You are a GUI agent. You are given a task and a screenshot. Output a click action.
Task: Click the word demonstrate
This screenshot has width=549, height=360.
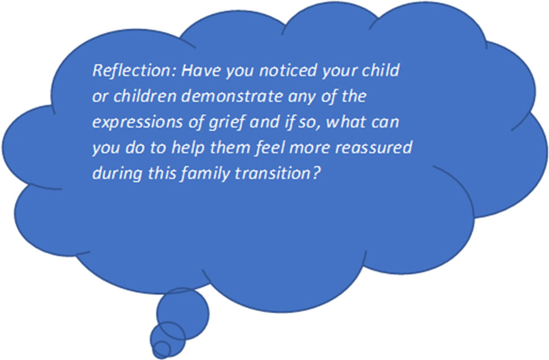click(232, 96)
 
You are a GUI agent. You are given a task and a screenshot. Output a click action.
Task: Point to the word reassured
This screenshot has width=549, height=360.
click(373, 148)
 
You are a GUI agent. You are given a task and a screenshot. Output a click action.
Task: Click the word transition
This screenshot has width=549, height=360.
click(273, 174)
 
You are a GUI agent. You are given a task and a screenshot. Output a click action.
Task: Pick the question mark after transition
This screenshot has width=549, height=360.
click(315, 174)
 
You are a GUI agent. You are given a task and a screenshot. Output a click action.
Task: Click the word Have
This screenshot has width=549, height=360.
click(201, 70)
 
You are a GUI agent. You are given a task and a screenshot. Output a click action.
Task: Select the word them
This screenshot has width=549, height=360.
click(230, 148)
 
